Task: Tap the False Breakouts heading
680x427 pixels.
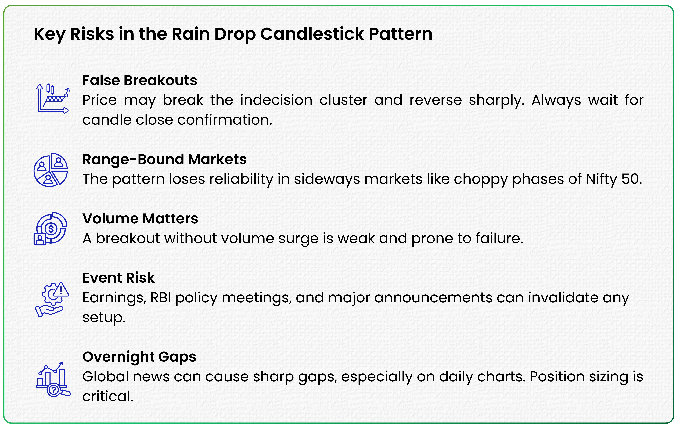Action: click(x=139, y=81)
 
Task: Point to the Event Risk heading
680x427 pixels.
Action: click(x=118, y=278)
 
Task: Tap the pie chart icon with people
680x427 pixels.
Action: click(x=51, y=170)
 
